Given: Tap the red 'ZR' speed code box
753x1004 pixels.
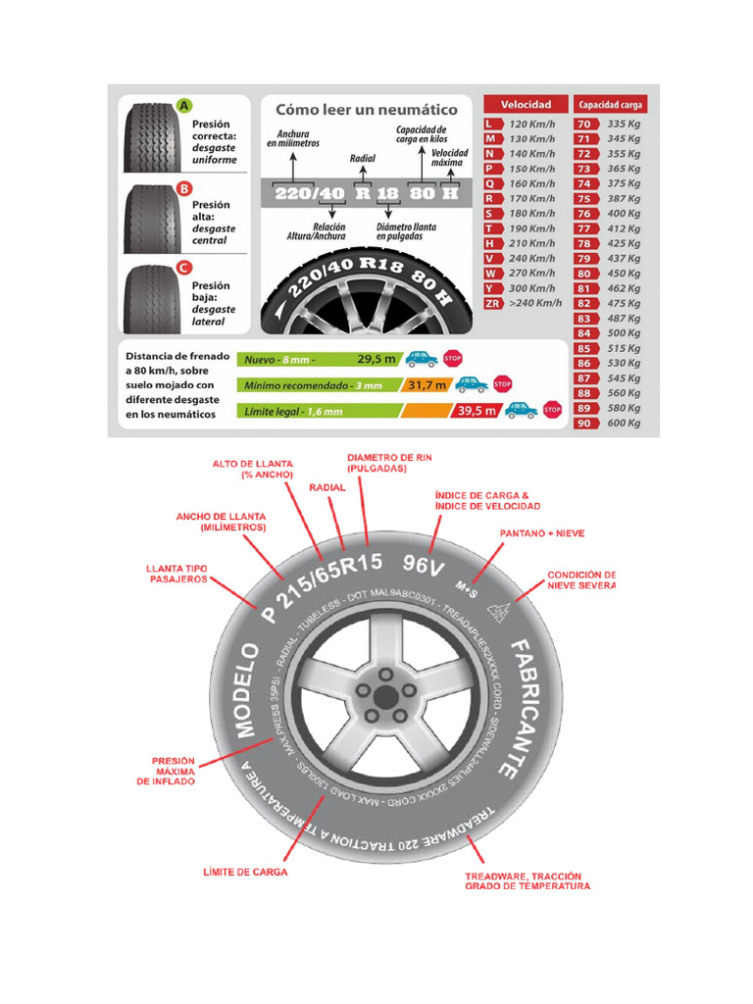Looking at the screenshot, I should click(492, 303).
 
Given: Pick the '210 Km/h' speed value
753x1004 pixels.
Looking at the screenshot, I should click(533, 243).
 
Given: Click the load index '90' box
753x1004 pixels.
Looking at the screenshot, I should click(584, 423).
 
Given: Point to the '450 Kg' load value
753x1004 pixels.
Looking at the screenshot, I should click(624, 274).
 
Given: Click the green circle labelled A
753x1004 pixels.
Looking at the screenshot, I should click(183, 106).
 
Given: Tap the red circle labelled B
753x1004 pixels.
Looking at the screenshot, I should click(183, 188).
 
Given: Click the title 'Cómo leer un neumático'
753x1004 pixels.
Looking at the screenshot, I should click(366, 110).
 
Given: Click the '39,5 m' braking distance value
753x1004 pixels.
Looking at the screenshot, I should click(477, 411).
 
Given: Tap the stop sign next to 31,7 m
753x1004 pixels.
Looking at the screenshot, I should click(503, 384).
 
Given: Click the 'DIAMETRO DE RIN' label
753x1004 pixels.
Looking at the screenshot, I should click(390, 463).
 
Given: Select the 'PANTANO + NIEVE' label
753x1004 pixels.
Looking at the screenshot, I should click(542, 533).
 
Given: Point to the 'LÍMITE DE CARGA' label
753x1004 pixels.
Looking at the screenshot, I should click(245, 871).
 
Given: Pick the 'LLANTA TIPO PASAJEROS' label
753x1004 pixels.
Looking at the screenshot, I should click(177, 574).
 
